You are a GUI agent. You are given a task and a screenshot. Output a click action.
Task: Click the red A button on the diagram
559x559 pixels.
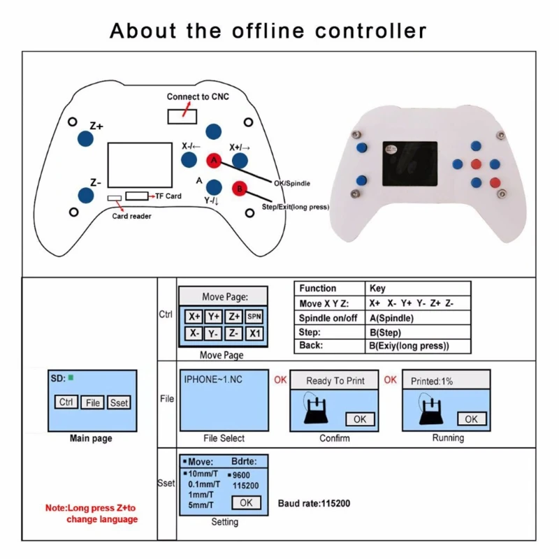coord(215,161)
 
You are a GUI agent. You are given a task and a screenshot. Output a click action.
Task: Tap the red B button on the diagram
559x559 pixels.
coord(239,188)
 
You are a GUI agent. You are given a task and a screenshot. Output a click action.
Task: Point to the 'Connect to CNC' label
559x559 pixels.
coord(198,96)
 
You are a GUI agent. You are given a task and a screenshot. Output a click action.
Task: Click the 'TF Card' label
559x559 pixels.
coord(168,196)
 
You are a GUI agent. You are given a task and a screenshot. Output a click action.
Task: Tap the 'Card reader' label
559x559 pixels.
coord(131,216)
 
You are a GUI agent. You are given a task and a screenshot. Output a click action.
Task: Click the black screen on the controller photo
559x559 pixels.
coord(411,164)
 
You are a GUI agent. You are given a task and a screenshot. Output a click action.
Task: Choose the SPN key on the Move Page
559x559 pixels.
coord(254,317)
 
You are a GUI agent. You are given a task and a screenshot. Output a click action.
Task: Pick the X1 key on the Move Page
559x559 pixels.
coord(254,333)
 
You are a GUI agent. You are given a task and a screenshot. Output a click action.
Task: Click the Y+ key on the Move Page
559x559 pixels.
coord(214,317)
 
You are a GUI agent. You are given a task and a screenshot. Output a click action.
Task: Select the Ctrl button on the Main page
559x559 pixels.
coord(66,402)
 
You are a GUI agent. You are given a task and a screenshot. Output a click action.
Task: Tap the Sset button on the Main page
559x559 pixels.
coord(119,402)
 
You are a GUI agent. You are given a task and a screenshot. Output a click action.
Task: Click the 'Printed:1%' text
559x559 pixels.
coord(432,381)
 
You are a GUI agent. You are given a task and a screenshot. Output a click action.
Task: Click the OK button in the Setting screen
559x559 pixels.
coord(246,502)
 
